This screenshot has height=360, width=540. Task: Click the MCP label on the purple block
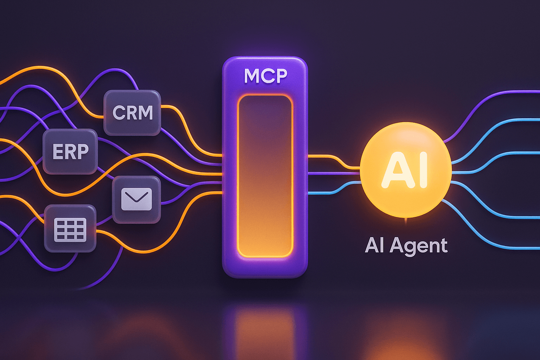[x=265, y=76]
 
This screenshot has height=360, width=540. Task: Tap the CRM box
[x=132, y=112]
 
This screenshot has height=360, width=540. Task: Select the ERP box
[x=70, y=152]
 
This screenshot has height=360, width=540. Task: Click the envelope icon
[x=136, y=199]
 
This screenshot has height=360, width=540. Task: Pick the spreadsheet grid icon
[x=70, y=230]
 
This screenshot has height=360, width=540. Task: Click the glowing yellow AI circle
[x=406, y=170]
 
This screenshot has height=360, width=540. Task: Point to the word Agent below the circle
[x=418, y=246]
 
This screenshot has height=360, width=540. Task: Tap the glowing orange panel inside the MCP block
[x=265, y=176]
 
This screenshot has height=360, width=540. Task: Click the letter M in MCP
[x=251, y=76]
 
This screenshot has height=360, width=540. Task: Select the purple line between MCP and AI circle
[x=334, y=173]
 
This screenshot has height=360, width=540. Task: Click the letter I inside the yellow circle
[x=423, y=170]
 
